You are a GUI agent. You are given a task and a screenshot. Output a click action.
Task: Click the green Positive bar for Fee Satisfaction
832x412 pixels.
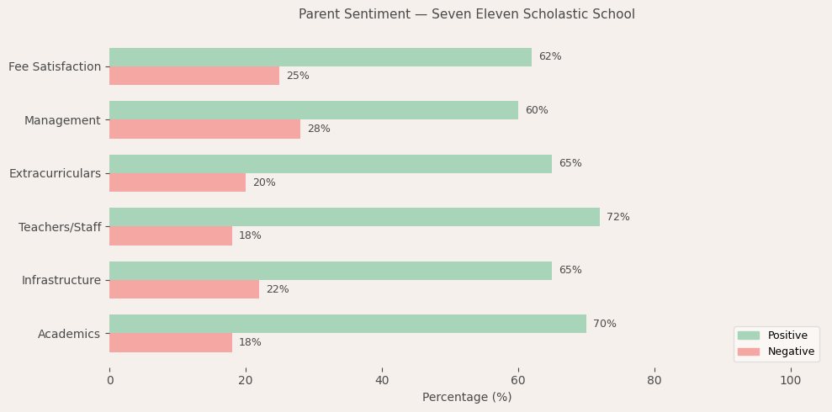(x=320, y=57)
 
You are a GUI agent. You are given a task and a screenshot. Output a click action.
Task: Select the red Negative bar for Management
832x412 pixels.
(x=204, y=129)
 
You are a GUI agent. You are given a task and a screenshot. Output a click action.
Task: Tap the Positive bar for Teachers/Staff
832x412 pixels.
(x=354, y=217)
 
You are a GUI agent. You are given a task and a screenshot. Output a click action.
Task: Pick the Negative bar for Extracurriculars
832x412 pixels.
(x=178, y=182)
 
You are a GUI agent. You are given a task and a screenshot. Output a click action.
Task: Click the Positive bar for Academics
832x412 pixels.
(x=347, y=324)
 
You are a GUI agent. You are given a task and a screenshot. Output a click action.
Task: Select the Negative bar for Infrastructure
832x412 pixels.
(x=184, y=289)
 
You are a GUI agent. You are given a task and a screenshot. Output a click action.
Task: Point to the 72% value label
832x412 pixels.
(x=617, y=217)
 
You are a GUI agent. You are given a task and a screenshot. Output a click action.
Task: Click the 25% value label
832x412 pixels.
(x=298, y=77)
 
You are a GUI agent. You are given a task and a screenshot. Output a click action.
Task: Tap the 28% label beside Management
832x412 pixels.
(x=319, y=129)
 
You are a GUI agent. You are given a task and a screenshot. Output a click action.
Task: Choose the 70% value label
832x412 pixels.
(x=604, y=324)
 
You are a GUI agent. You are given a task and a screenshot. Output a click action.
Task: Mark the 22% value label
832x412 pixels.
(x=278, y=289)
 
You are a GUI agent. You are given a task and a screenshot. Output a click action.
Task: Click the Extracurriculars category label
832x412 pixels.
(x=55, y=173)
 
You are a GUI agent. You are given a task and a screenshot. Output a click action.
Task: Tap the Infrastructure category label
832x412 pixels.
(x=61, y=280)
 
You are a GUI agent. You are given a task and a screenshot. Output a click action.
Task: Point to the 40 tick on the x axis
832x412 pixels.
(x=382, y=381)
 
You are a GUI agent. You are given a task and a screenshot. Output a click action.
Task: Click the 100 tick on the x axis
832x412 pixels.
(x=790, y=381)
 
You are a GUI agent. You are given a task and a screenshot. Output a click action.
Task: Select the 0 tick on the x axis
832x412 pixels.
(x=109, y=381)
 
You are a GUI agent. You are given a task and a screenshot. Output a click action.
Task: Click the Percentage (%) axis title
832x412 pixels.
(x=466, y=397)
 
